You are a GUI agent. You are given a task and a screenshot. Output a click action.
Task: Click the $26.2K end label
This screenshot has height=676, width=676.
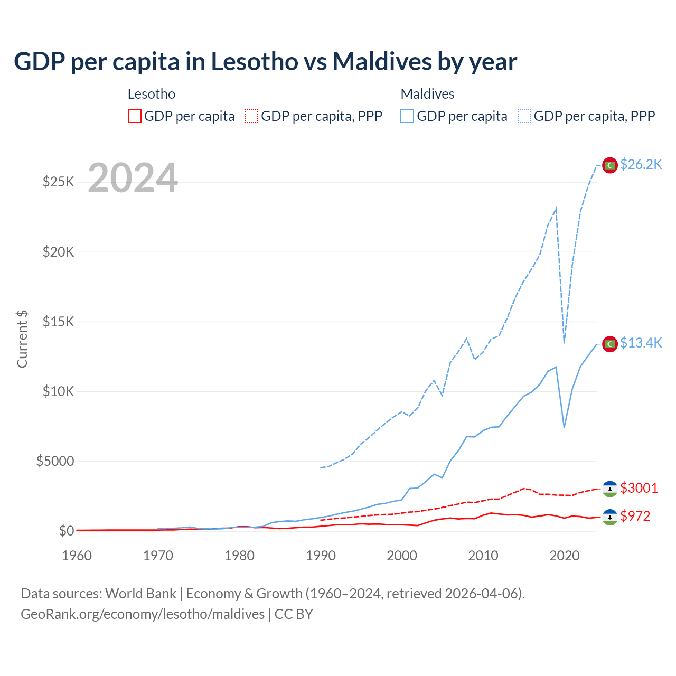coord(641,165)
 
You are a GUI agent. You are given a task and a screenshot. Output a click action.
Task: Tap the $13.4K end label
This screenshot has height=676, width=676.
coord(641,343)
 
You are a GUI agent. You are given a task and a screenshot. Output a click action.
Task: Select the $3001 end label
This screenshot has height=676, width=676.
coord(639,488)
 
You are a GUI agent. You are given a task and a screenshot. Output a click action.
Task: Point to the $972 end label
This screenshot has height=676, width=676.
coord(635,516)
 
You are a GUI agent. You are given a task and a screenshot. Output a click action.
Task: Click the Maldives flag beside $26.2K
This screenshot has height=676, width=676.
coord(610,165)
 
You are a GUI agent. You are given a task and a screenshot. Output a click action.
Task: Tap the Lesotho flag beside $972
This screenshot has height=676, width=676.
coord(610,517)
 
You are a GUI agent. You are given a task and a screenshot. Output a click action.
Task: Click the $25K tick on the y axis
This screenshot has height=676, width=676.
coord(58,182)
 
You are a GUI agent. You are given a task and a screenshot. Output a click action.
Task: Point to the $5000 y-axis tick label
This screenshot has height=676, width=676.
coord(55,462)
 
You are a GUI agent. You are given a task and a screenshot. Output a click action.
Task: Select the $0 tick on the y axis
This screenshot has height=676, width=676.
coord(66,531)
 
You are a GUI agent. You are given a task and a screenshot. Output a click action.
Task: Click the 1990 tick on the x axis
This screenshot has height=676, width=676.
coord(321,556)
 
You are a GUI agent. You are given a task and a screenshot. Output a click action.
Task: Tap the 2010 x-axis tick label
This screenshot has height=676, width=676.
coord(483,556)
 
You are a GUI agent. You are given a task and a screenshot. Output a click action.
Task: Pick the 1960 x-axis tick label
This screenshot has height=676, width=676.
coord(77,556)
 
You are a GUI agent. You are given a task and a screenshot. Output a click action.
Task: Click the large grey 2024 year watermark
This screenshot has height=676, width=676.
coord(133,179)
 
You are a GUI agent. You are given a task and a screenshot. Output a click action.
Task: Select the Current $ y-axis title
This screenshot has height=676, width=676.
coord(22,339)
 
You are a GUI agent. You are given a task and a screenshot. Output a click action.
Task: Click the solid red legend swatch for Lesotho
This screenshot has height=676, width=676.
coord(135,116)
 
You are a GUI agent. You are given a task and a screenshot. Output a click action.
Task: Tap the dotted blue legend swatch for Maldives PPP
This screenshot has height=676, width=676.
coord(524,116)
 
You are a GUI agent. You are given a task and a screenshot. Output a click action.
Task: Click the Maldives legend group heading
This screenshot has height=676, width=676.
coord(427,94)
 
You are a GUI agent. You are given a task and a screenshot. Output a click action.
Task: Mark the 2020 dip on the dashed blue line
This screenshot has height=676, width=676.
coord(564,343)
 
